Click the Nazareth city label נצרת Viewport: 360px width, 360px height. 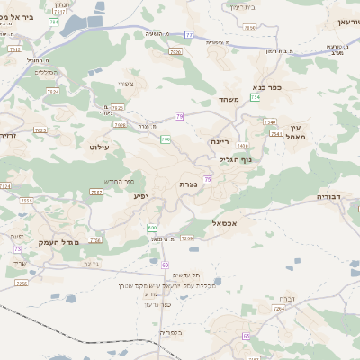(x=189, y=184)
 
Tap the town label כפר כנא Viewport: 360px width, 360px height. (x=268, y=87)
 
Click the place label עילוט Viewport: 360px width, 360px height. (x=99, y=145)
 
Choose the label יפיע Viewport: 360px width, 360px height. (x=141, y=195)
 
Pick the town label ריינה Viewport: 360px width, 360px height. (x=220, y=142)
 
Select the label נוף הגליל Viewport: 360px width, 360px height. (x=235, y=159)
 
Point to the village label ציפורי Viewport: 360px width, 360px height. (x=125, y=84)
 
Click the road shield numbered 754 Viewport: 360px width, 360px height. (x=255, y=97)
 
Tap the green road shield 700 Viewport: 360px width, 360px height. (x=166, y=139)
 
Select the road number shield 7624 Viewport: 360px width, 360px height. (x=52, y=91)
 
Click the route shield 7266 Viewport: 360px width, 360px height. (x=95, y=240)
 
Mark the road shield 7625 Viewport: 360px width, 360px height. (x=40, y=130)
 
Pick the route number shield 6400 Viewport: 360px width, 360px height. (x=242, y=145)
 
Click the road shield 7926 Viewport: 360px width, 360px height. (x=175, y=53)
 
